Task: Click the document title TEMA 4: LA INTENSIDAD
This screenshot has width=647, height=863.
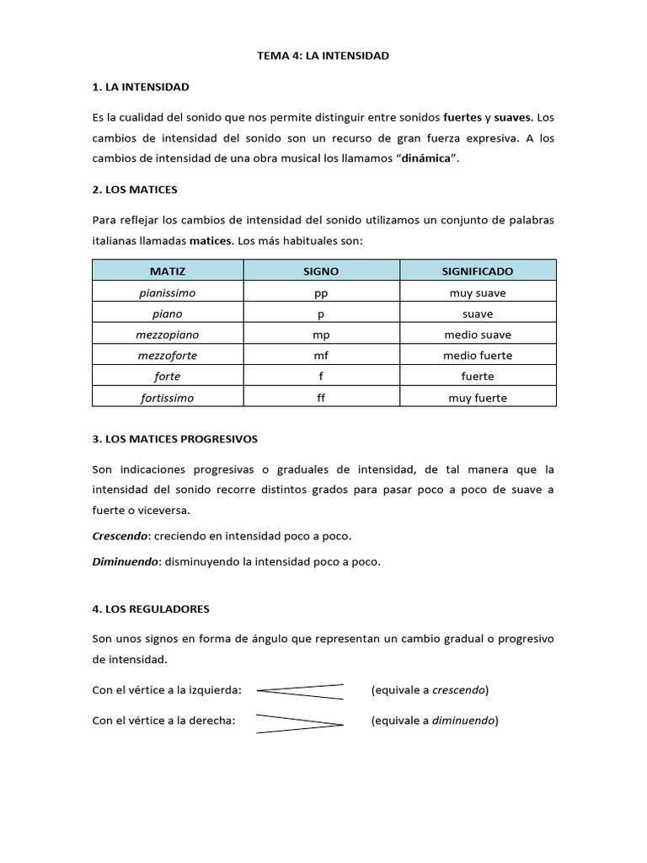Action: (x=323, y=56)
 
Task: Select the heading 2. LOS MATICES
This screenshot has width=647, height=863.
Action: (x=135, y=190)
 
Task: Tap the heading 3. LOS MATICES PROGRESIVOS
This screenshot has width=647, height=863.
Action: (x=175, y=439)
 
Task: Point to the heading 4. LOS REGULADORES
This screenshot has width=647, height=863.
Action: (x=151, y=608)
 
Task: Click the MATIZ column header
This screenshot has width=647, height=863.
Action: (x=167, y=271)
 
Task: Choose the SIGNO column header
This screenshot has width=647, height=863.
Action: (x=321, y=271)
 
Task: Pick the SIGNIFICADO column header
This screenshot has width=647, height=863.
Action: (x=477, y=271)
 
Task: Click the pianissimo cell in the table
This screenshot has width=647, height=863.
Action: (x=167, y=293)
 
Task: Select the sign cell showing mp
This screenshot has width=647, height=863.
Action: (x=321, y=335)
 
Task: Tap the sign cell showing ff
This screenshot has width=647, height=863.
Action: (x=321, y=398)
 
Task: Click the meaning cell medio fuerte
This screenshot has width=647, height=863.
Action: (x=477, y=356)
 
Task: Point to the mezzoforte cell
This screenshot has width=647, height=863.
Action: (x=167, y=356)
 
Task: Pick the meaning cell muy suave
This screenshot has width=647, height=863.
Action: (x=477, y=293)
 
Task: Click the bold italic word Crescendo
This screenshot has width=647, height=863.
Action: (x=120, y=536)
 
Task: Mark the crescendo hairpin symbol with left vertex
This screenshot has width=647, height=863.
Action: (x=300, y=691)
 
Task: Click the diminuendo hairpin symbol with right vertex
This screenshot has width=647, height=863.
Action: (x=300, y=723)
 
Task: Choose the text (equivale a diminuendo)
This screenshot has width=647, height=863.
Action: (x=435, y=721)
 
